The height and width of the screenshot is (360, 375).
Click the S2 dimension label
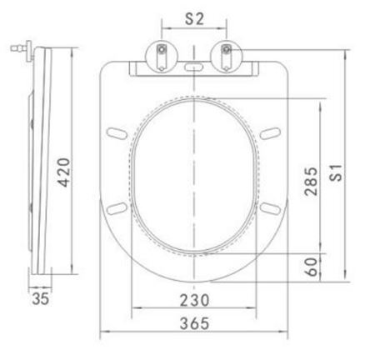click(x=194, y=19)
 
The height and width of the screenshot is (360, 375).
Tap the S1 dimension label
click(x=336, y=172)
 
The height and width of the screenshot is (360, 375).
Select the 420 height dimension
click(x=63, y=172)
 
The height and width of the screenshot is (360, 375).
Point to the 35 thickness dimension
click(x=41, y=298)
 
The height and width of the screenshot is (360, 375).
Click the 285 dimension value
click(x=311, y=182)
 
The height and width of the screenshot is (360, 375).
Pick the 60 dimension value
click(x=311, y=267)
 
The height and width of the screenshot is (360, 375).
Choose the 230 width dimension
click(x=194, y=300)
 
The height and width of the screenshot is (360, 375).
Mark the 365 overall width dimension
click(x=194, y=323)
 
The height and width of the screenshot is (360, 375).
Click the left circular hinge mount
click(x=162, y=57)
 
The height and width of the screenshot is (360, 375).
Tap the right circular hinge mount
click(x=227, y=57)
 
